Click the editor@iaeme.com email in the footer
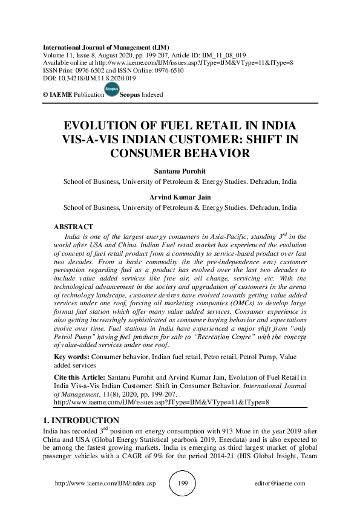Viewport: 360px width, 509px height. tap(281, 484)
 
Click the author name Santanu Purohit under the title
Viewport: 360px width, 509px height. tap(180, 172)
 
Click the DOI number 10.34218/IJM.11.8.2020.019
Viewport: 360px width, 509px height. tap(96, 79)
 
